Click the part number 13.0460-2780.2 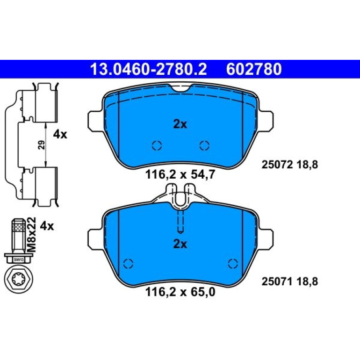tap(148, 69)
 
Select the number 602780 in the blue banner tap(254, 69)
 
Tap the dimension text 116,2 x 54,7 tap(180, 175)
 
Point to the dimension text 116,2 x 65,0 tap(180, 292)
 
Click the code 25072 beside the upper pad tap(277, 165)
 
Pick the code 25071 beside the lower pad tap(277, 281)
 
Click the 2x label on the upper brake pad tap(180, 124)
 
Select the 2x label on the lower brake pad tap(180, 244)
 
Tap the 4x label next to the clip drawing tap(60, 134)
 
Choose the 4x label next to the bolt tap(47, 226)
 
